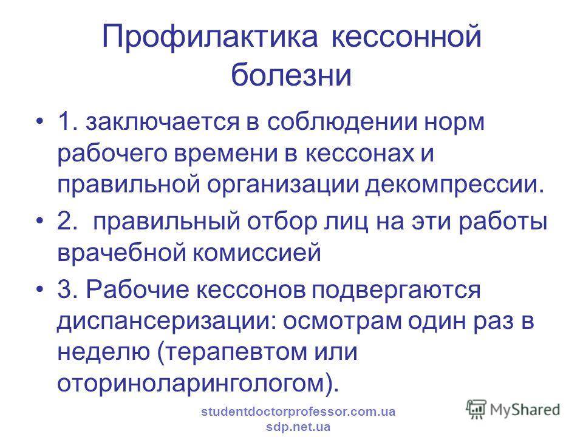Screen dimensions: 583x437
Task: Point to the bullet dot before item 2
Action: point(40,220)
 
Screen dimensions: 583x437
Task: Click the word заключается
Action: point(163,123)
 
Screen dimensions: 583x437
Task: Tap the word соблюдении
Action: point(342,122)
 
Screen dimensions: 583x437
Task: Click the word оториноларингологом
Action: point(191,384)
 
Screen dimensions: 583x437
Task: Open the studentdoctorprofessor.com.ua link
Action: point(298,412)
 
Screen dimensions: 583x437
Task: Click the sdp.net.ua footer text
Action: point(298,427)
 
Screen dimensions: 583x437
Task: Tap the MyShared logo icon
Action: point(476,410)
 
